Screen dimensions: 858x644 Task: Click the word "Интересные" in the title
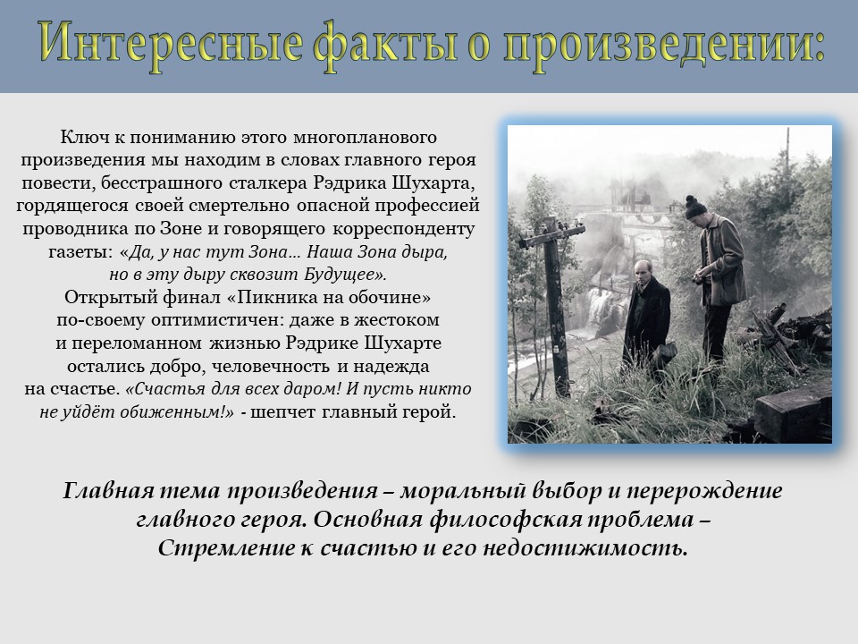coord(171,43)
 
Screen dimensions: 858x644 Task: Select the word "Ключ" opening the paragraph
coord(78,137)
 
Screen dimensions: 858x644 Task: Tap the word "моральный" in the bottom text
coord(463,491)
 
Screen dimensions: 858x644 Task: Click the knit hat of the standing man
coord(695,207)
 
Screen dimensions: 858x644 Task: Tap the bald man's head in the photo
coord(643,272)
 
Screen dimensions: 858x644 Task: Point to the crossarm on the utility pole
coord(552,233)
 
